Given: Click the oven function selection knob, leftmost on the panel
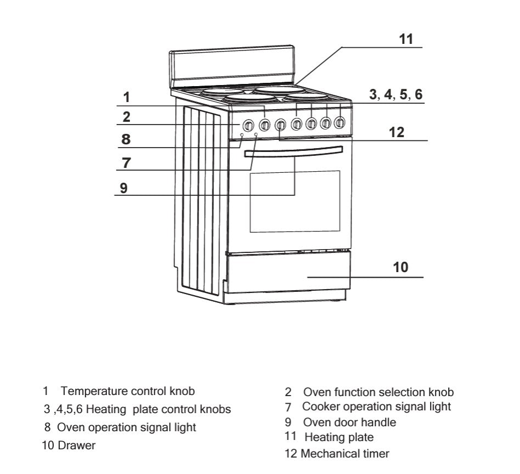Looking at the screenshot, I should pos(248,125).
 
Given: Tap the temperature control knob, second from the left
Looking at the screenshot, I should pos(264,125).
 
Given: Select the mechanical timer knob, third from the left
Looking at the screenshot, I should pos(280,125).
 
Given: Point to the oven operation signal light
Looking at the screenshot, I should pos(242,135).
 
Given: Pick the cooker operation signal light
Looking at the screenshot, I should pos(256,134).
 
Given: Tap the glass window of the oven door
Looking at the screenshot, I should pos(295,201).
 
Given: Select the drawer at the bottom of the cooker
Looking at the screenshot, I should pos(288,273).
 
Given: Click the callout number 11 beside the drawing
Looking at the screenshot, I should pos(405,39).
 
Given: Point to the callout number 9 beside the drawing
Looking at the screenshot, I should pos(123,188).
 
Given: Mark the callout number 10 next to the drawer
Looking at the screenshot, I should pos(401,267).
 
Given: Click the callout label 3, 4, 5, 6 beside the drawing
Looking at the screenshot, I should pos(395,94).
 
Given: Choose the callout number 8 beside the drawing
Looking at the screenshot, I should pos(126,139).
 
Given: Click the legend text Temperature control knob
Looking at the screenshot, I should pos(127,392).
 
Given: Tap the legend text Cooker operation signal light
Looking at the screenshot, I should pos(376,407).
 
